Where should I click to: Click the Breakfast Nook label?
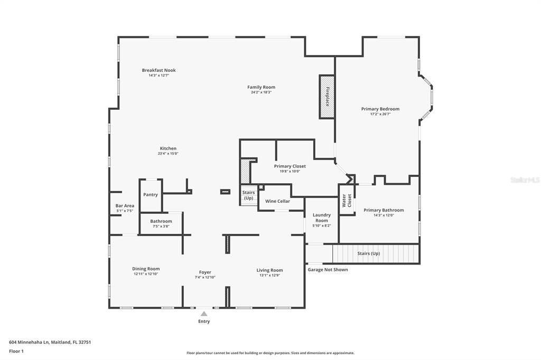click(x=158, y=70)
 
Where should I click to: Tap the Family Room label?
click(x=261, y=87)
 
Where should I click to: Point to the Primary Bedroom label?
click(x=380, y=109)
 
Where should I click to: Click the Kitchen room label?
click(x=168, y=148)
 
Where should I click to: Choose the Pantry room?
click(x=151, y=195)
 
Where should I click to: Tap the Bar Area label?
click(x=125, y=206)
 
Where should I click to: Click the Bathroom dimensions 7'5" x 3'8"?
click(x=161, y=226)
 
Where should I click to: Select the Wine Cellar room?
click(x=277, y=201)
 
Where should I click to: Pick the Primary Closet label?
click(x=290, y=166)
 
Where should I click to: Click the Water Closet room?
click(x=346, y=201)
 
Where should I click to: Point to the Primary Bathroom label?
click(x=384, y=210)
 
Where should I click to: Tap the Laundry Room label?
click(x=321, y=217)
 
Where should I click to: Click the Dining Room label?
click(x=146, y=269)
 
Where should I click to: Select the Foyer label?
click(x=204, y=272)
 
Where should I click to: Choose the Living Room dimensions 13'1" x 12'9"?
click(x=269, y=275)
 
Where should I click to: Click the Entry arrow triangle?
click(x=204, y=314)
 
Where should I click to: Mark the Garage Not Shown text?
click(x=328, y=270)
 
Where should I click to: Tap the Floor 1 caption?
click(x=16, y=351)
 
